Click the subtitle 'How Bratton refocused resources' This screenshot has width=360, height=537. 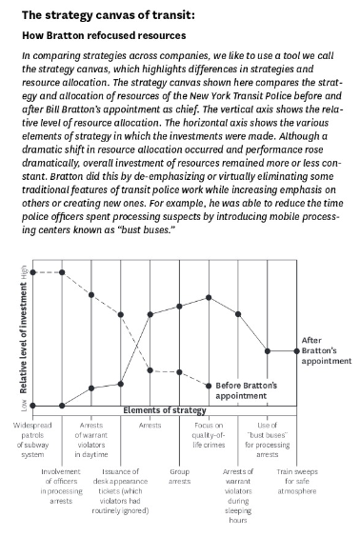tap(106, 36)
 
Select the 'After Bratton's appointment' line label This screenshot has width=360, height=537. tap(326, 350)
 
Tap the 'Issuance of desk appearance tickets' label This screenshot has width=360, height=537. tap(121, 489)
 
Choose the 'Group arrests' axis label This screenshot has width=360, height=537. tap(179, 476)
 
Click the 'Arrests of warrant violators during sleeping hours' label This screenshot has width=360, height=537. tap(238, 495)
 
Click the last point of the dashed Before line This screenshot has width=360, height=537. tap(210, 385)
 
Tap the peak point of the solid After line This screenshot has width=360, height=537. tap(210, 297)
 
